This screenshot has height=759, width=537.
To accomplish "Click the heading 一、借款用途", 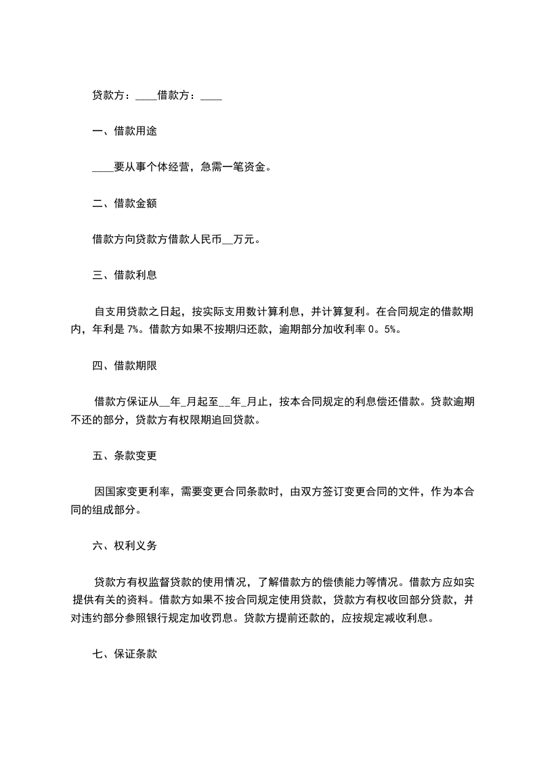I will coord(125,131).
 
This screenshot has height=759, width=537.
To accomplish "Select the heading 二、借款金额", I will coord(125,203).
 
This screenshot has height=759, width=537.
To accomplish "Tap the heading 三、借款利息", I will coord(125,275).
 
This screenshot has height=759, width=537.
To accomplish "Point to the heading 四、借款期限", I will coord(125,365).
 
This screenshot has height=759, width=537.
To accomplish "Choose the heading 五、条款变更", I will coord(125,455).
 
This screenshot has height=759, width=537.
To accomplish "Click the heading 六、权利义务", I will coord(125,545).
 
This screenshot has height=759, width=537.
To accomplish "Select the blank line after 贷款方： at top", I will coord(146,97).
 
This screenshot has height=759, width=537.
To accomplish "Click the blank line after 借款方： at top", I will coord(211,97).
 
